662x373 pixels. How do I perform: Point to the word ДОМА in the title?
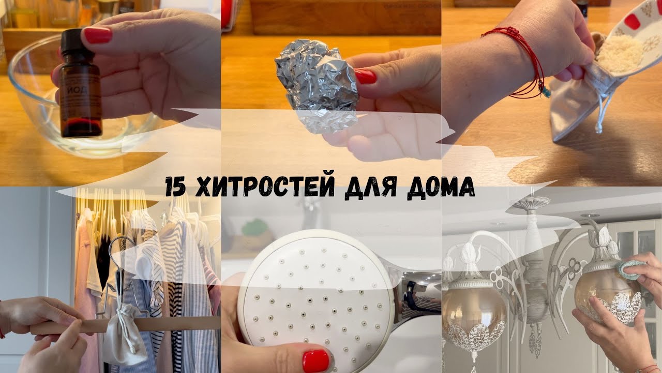[x=440, y=187]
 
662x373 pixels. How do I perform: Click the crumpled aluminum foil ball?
[x=316, y=83]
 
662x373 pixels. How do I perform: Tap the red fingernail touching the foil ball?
[x=365, y=76]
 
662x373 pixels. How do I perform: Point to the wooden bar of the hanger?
[x=165, y=324]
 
